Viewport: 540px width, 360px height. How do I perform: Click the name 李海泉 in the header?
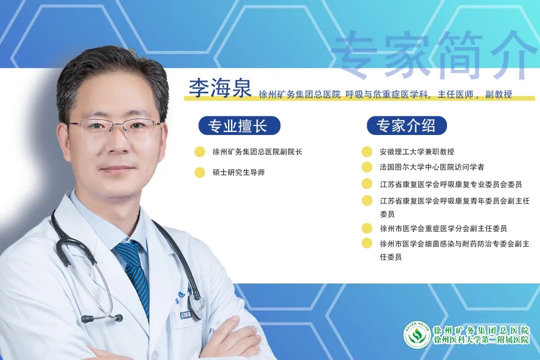coord(220,88)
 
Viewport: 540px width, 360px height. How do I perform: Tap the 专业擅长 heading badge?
coord(239,125)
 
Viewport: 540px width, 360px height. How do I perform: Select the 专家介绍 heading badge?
coord(406,125)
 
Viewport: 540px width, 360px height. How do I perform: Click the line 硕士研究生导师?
coord(238,172)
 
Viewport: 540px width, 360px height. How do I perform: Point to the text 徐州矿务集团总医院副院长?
coord(257,151)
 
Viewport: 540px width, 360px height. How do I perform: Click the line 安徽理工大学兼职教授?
coord(417,151)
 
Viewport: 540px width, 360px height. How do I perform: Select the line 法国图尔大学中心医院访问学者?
coord(432,167)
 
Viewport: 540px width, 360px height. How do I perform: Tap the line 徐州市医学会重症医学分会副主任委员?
coord(443,228)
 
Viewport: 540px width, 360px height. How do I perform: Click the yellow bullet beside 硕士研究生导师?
coord(199,172)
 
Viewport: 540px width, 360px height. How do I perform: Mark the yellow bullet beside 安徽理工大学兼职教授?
coord(367,151)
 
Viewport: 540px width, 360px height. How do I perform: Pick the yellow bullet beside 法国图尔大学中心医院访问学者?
coord(367,167)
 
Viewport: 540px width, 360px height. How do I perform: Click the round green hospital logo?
coord(417,334)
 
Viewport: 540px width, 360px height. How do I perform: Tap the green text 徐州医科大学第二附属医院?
coord(481,339)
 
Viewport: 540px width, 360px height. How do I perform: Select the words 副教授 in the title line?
coord(498,94)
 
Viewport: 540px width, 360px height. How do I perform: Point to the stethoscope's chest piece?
coord(196,305)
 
